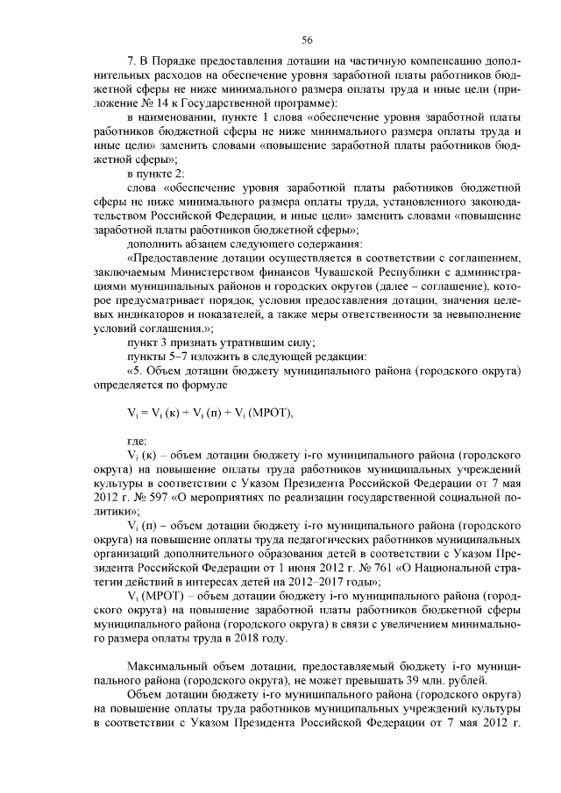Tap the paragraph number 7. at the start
[x=133, y=61]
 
